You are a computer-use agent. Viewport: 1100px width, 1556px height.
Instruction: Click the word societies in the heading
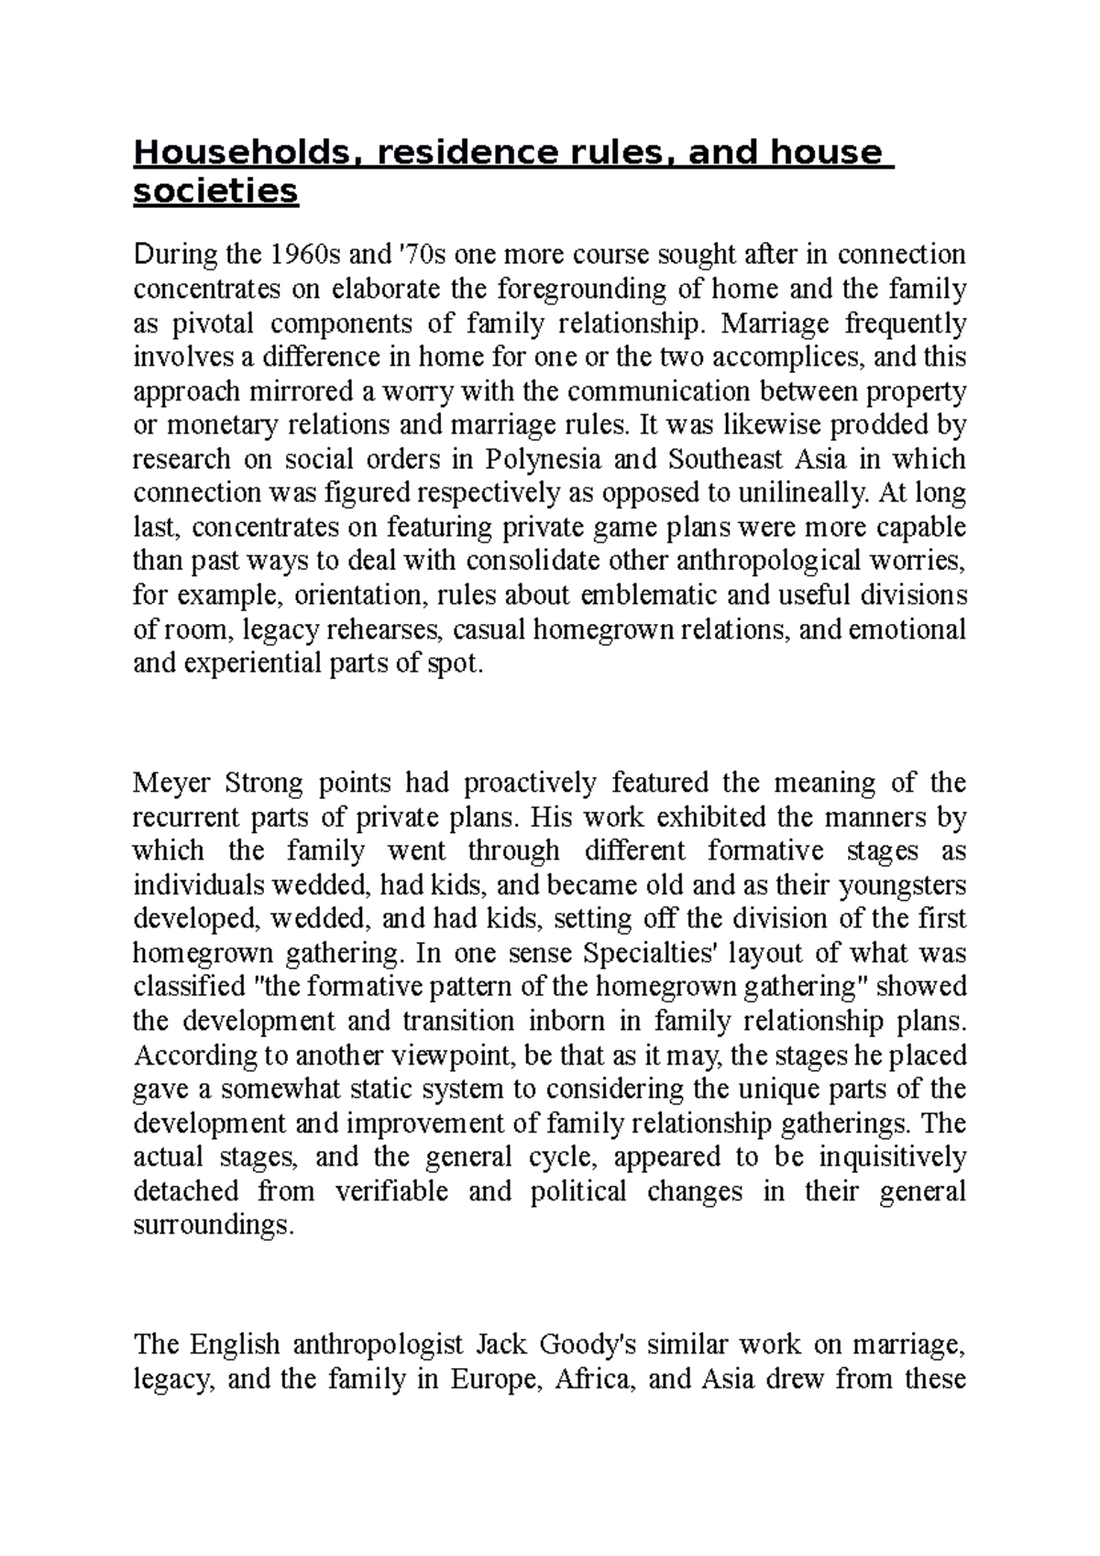click(x=216, y=193)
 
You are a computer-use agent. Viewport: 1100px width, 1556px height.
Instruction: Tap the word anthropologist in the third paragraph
click(x=379, y=1345)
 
